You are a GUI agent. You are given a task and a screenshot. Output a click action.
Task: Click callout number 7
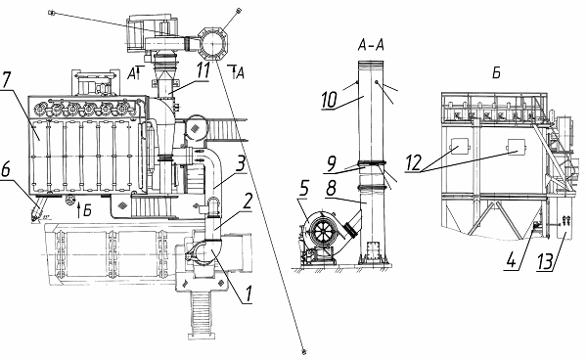coord(7,79)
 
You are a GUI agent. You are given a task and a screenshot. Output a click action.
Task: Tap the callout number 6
coord(6,170)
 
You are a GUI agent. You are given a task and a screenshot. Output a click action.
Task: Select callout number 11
coord(203,70)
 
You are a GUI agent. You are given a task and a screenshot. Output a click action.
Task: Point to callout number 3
coord(241,163)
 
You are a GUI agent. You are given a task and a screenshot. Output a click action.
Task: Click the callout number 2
coord(247,202)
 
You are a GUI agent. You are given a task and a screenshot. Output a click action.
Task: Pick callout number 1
coord(248,294)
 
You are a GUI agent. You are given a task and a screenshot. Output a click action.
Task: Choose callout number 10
coord(330,100)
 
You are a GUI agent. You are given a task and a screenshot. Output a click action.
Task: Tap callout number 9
coord(332,164)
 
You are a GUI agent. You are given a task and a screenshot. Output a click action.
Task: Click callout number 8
coord(332,188)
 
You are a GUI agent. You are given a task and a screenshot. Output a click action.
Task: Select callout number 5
coord(304,188)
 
